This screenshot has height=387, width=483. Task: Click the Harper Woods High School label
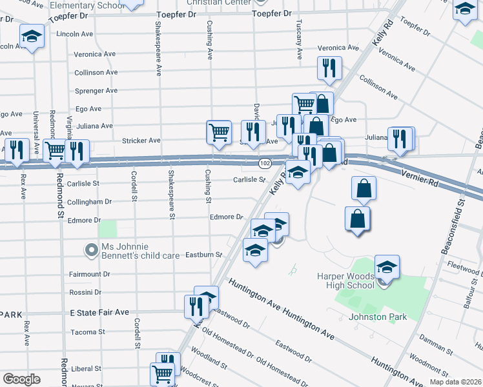pos(345,281)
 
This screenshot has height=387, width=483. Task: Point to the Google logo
pos(21,379)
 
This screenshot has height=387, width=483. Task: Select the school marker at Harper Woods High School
pos(387,267)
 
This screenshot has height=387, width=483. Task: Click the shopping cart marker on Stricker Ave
pos(219,132)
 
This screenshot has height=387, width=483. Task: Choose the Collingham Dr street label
pos(94,202)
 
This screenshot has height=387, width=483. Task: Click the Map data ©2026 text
pos(455,382)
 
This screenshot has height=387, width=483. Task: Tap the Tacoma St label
pos(88,332)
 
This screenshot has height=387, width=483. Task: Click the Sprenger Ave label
pos(97,91)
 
